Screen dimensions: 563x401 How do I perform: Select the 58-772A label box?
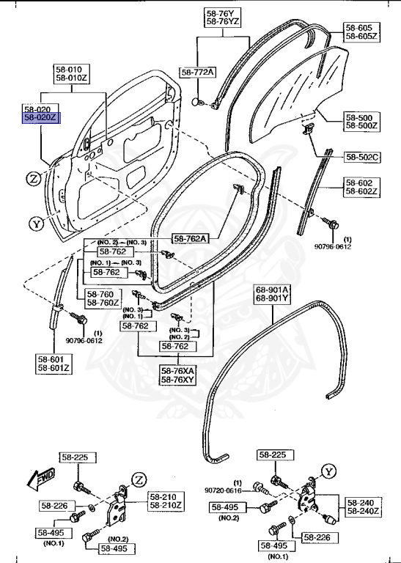click(x=198, y=72)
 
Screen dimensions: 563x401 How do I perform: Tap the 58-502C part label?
click(x=362, y=156)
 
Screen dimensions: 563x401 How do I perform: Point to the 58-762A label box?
click(x=190, y=238)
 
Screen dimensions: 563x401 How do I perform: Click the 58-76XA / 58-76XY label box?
click(x=177, y=375)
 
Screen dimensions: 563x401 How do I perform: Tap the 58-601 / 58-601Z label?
click(x=54, y=364)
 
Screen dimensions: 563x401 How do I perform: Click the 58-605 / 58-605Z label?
click(x=362, y=32)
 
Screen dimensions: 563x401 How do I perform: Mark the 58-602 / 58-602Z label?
click(x=362, y=188)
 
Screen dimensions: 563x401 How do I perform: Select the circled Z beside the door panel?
click(x=34, y=178)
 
